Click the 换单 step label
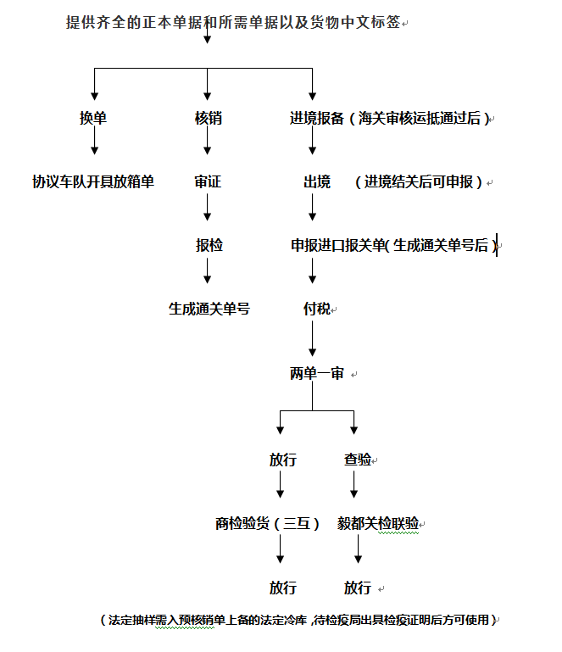click(x=93, y=119)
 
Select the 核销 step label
click(x=208, y=119)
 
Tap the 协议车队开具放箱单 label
click(x=93, y=181)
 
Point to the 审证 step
click(x=208, y=181)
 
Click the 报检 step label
click(x=209, y=245)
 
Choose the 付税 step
click(x=316, y=309)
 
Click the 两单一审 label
click(x=317, y=373)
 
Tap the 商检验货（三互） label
click(x=267, y=523)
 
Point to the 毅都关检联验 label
click(x=378, y=523)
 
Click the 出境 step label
click(x=316, y=181)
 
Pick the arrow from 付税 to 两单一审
click(x=313, y=339)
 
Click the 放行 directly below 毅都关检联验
click(x=357, y=588)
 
